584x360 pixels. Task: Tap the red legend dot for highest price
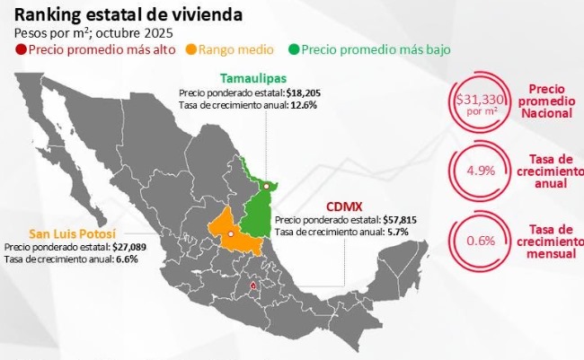(21, 48)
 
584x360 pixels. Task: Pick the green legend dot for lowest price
(295, 48)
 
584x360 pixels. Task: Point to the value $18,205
(302, 92)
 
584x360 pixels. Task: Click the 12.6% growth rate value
(303, 104)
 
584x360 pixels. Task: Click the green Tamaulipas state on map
(259, 211)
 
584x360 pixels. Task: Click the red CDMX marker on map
(253, 287)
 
